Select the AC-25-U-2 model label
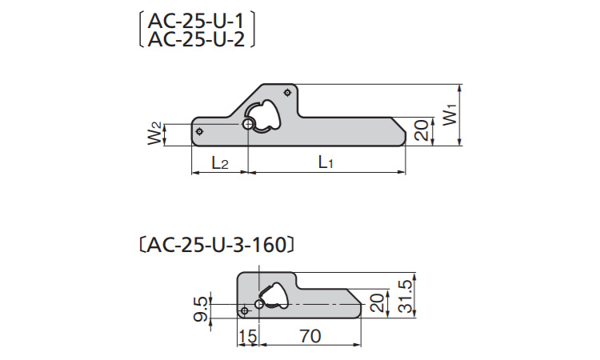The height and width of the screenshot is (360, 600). [197, 39]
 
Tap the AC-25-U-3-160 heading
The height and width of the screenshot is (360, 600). [218, 244]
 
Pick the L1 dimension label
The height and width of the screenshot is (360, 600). [325, 162]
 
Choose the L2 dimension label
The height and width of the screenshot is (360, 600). [220, 162]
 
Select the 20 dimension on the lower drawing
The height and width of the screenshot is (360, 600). [377, 303]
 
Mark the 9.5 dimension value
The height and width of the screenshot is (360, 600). [201, 307]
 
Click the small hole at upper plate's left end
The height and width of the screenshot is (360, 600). [200, 131]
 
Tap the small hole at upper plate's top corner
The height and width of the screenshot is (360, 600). [288, 93]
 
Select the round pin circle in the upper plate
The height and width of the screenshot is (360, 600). [249, 125]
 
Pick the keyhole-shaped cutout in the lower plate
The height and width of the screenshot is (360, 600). [274, 295]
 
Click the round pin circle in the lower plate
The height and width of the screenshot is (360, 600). [259, 304]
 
